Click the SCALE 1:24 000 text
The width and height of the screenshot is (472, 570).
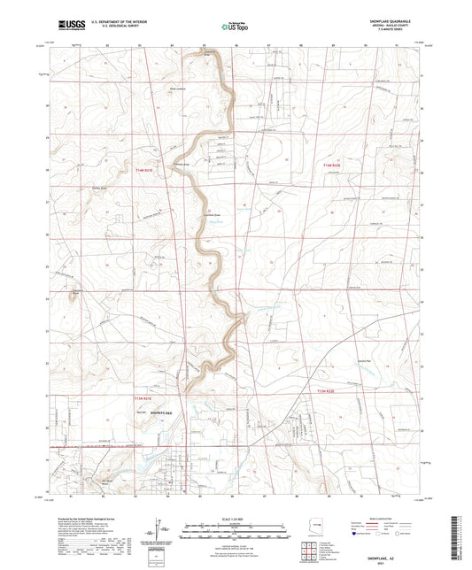point(236,518)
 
